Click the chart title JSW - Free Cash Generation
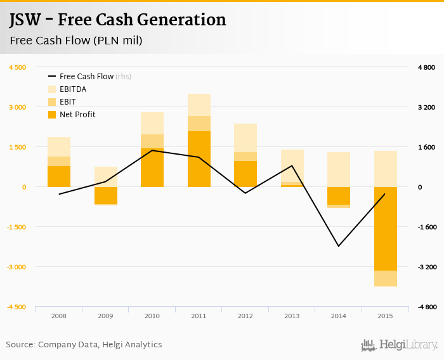pyautogui.click(x=117, y=20)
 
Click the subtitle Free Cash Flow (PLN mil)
pyautogui.click(x=75, y=41)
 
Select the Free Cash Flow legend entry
pyautogui.click(x=86, y=76)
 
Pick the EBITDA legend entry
pyautogui.click(x=72, y=89)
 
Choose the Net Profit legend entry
pyautogui.click(x=77, y=115)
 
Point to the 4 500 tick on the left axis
pyautogui.click(x=16, y=67)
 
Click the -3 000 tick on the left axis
pyautogui.click(x=16, y=267)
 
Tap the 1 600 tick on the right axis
pyautogui.click(x=426, y=147)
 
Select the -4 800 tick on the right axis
pyautogui.click(x=426, y=307)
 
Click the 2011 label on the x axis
pyautogui.click(x=199, y=316)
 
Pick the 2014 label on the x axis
pyautogui.click(x=339, y=316)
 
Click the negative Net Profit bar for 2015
pyautogui.click(x=385, y=228)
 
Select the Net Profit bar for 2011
pyautogui.click(x=199, y=158)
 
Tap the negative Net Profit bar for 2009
pyautogui.click(x=105, y=195)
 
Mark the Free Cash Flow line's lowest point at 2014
pyautogui.click(x=339, y=246)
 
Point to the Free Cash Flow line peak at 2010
pyautogui.click(x=152, y=150)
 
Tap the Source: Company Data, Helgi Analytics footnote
pyautogui.click(x=84, y=345)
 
